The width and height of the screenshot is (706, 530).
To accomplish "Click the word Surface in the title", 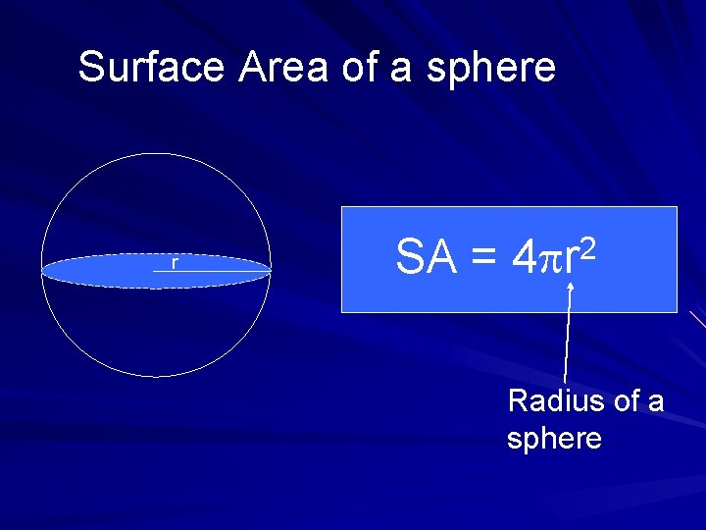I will point(152,68).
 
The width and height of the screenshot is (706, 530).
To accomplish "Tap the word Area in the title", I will point(285,68).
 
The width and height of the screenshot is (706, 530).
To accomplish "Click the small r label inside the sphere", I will point(175,262).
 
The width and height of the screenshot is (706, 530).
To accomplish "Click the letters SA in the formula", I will point(427,258).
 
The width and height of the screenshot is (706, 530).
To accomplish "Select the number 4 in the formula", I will point(526,258).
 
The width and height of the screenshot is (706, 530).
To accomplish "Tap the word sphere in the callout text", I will point(554,439).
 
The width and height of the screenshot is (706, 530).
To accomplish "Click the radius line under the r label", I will point(211,271).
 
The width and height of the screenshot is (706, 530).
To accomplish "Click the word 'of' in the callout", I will point(625,401).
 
